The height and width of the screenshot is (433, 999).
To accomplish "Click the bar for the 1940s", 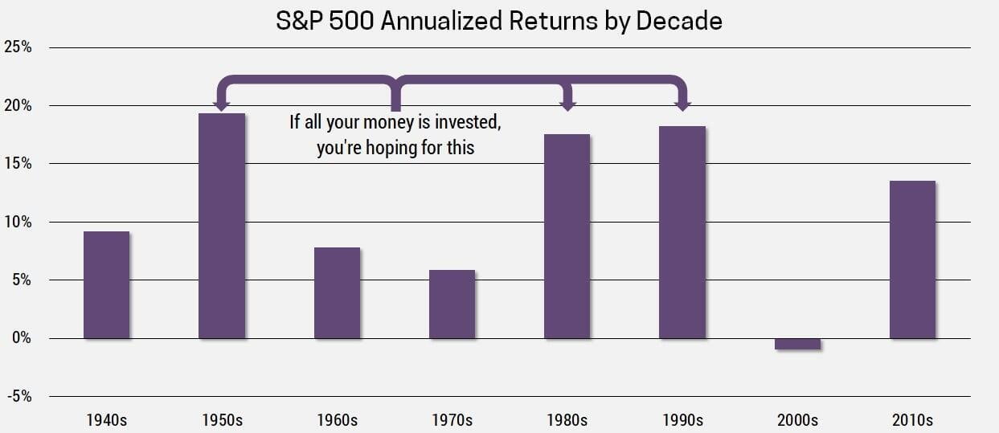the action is tap(107, 285).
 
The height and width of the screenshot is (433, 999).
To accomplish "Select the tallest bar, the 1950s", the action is tap(222, 226).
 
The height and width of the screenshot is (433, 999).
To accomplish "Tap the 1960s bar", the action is tap(338, 293).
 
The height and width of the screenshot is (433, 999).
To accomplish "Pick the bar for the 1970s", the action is tap(452, 304).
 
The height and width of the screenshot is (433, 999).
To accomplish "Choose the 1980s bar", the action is tap(567, 236).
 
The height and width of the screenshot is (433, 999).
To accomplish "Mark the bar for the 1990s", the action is tap(682, 232).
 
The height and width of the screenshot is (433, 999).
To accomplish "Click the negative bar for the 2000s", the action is tap(797, 344).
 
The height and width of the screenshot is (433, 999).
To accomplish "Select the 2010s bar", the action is tap(912, 260).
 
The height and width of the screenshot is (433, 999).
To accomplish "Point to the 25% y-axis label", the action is tap(18, 47).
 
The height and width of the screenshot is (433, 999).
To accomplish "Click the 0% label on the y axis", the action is tap(22, 338).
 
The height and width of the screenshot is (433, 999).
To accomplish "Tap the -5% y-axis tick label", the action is tap(19, 396).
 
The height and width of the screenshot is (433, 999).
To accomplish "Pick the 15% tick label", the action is tap(18, 163).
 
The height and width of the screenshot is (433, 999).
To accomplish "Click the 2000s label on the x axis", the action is tap(797, 420).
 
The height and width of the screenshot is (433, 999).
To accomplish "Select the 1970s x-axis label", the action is tap(452, 420).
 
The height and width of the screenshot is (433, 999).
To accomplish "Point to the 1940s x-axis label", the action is tap(107, 420).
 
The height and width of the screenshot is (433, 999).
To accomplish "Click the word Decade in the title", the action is tap(679, 21).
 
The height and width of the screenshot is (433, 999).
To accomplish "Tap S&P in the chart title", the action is tap(299, 21).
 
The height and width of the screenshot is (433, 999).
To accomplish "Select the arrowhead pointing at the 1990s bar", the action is tap(683, 106).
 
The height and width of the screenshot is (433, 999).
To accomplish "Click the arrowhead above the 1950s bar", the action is tap(222, 106).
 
